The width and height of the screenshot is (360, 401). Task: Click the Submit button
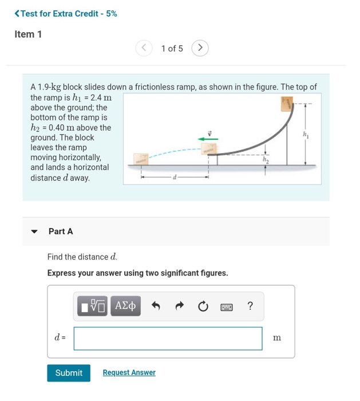(x=69, y=373)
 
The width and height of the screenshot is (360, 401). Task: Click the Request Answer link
(x=129, y=373)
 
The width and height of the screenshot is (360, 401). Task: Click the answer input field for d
(x=168, y=338)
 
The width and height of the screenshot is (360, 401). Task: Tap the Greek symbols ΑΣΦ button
(x=125, y=306)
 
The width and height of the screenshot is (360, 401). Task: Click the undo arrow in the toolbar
(x=156, y=306)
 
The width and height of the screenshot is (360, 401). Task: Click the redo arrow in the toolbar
(x=179, y=306)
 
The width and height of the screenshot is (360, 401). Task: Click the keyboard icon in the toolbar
(x=227, y=307)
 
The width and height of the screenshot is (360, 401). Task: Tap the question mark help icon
(x=250, y=306)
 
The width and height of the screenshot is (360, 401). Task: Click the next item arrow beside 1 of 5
(x=200, y=48)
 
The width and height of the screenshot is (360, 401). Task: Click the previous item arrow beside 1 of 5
(x=144, y=48)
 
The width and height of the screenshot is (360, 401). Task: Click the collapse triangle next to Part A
(x=34, y=232)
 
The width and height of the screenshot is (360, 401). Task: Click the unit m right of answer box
(x=277, y=338)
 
